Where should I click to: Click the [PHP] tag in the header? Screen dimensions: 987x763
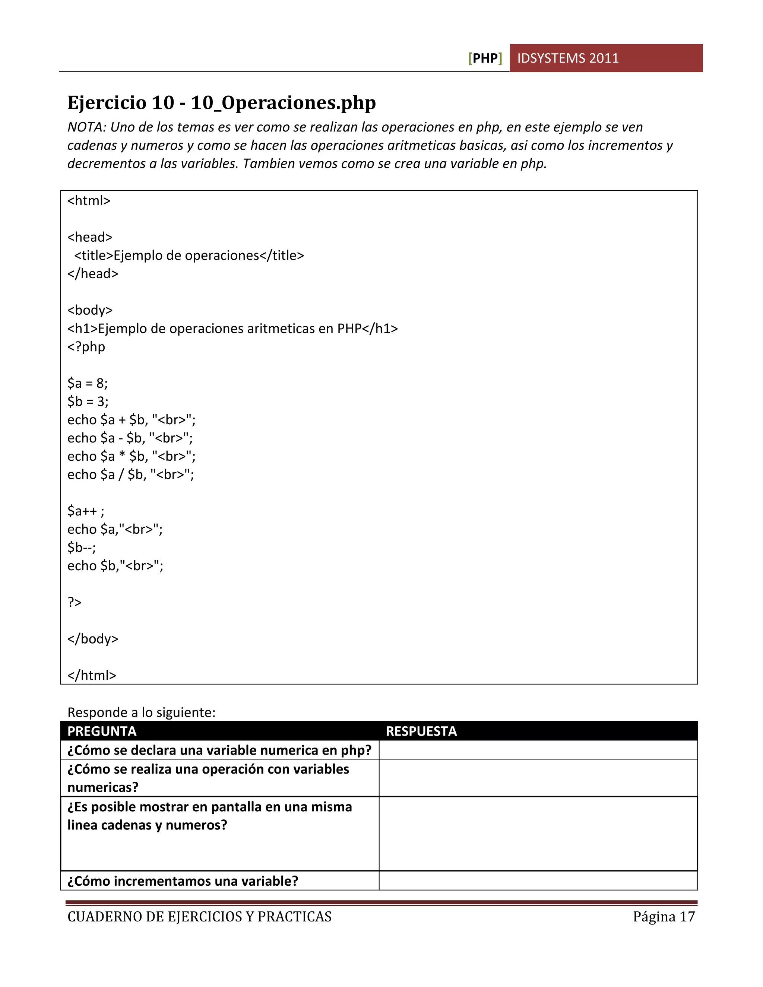coord(485,58)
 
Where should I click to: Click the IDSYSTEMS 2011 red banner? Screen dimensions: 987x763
coord(606,58)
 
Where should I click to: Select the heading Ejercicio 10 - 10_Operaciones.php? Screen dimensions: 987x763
coord(222,102)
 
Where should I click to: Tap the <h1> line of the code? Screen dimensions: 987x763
coord(232,329)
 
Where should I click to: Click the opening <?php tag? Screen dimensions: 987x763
coord(86,347)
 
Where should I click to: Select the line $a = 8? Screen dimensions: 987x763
coord(87,383)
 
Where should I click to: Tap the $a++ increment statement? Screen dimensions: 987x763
coord(85,511)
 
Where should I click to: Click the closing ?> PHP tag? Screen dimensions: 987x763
coord(75,602)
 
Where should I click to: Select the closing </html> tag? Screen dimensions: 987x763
coord(92,675)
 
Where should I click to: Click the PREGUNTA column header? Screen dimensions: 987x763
coord(102,731)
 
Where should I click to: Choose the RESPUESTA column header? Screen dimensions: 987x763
coord(421,731)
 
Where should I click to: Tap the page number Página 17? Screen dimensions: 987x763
coord(664,917)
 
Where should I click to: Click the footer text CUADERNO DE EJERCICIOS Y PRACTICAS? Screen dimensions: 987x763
coord(199,917)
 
